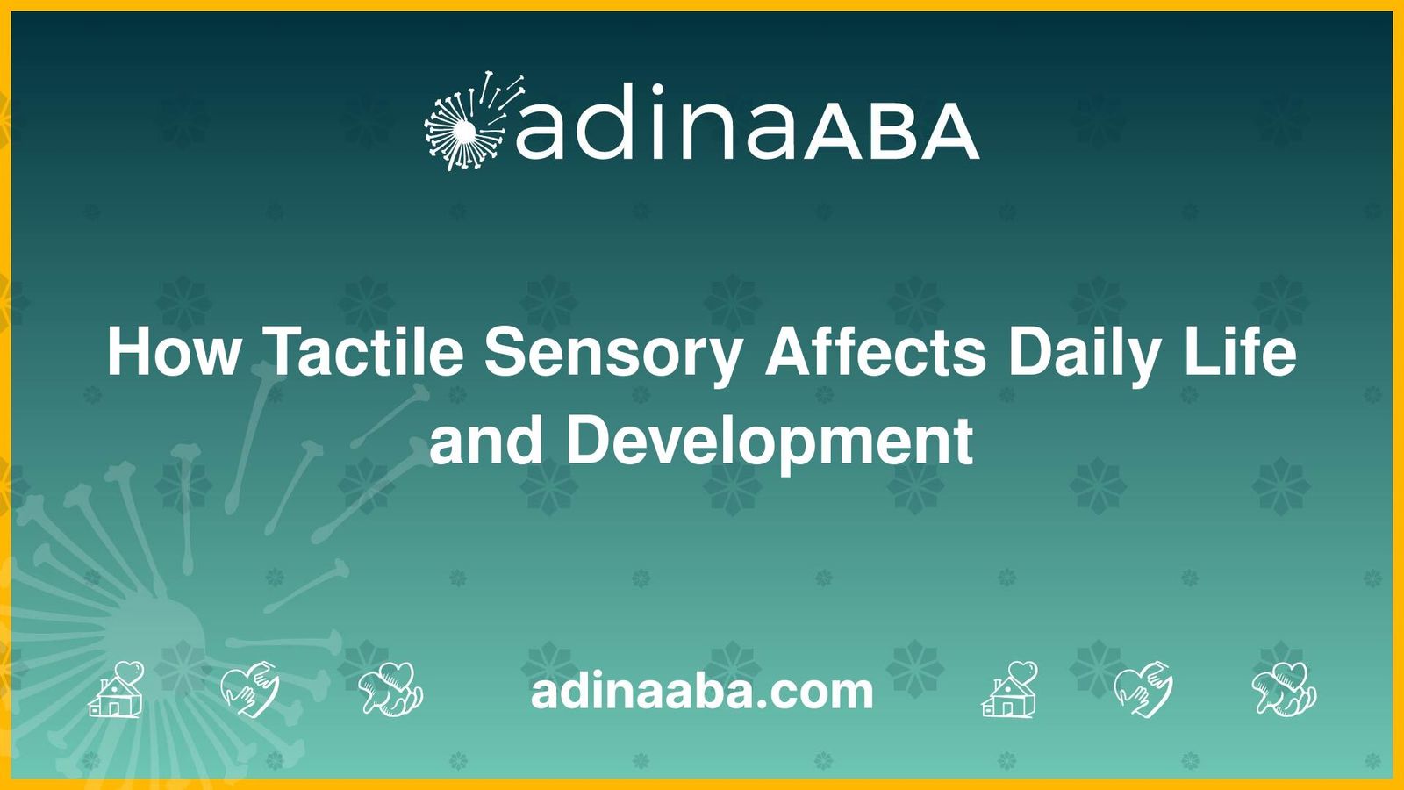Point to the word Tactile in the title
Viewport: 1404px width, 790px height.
[x=362, y=351]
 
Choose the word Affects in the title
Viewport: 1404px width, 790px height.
[x=876, y=351]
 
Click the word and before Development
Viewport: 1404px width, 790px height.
[x=485, y=441]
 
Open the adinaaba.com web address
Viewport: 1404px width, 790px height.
[x=702, y=692]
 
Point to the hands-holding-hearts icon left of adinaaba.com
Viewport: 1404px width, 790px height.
[x=391, y=689]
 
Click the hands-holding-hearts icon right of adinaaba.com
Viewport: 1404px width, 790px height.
[x=1285, y=689]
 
